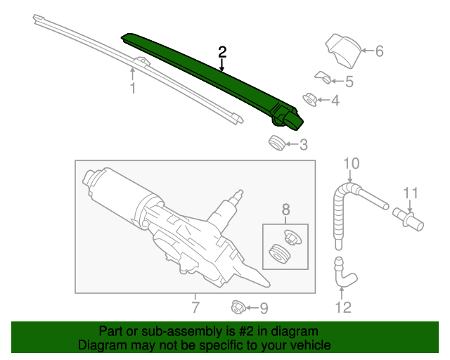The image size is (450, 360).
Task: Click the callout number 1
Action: pos(131,88)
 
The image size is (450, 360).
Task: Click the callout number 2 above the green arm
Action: pos(222,51)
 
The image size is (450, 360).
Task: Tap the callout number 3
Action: pos(303,146)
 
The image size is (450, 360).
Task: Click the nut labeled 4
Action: pos(309,100)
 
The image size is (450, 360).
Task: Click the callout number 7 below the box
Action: pos(195,307)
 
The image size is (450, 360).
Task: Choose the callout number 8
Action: pos(286,209)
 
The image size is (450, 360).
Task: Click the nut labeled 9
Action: pos(238,307)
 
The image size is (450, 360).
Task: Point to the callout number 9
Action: pos(264,308)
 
